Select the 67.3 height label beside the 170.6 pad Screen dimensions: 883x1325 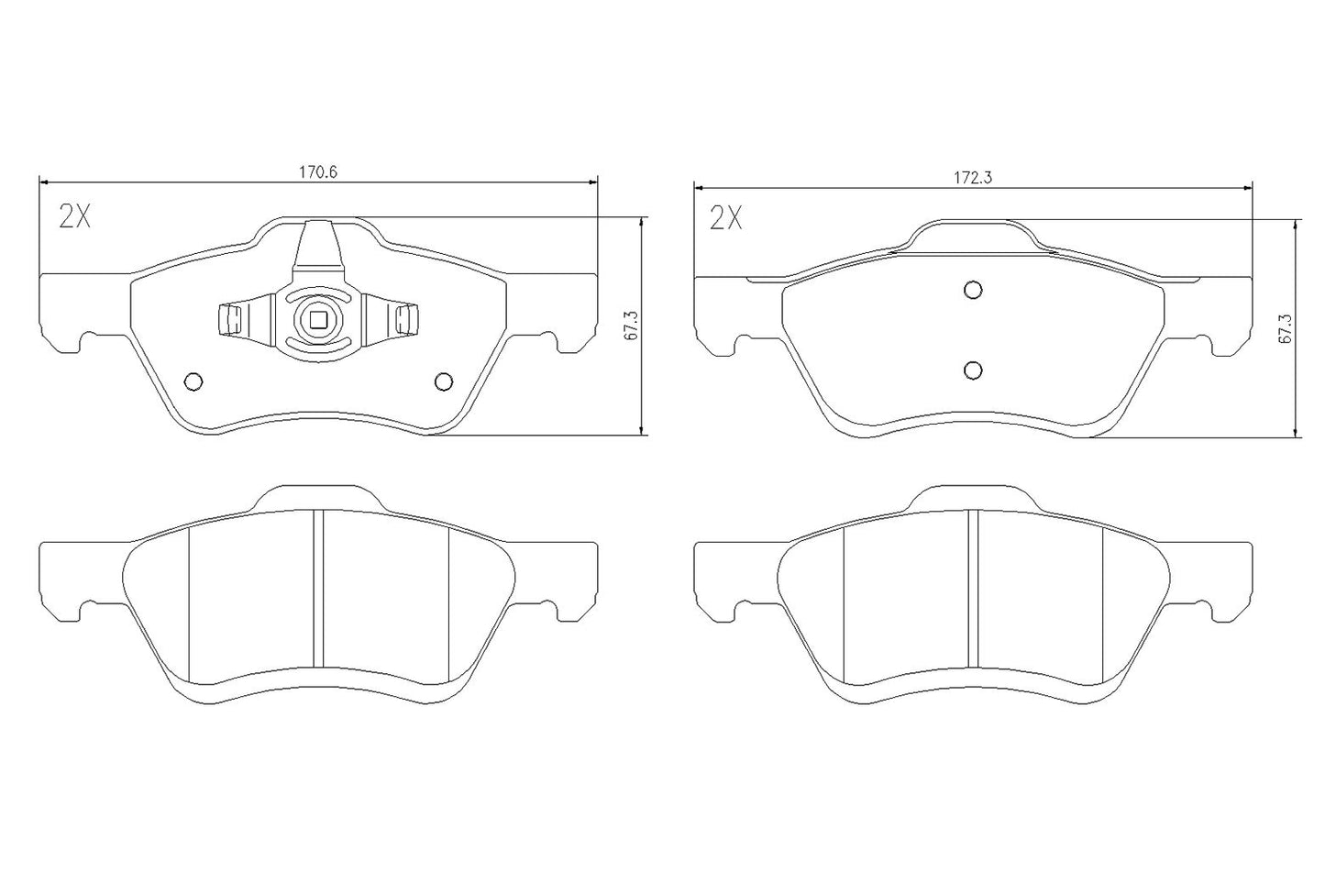pyautogui.click(x=631, y=326)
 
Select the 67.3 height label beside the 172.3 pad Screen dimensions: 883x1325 pyautogui.click(x=1285, y=328)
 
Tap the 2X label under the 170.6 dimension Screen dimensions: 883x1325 pyautogui.click(x=75, y=216)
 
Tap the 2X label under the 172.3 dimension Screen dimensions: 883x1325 pyautogui.click(x=727, y=218)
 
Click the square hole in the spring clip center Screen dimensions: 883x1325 pyautogui.click(x=318, y=319)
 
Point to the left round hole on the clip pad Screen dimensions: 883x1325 pyautogui.click(x=193, y=381)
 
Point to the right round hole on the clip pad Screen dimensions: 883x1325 pyautogui.click(x=444, y=381)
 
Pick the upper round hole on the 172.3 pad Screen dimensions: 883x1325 pyautogui.click(x=974, y=290)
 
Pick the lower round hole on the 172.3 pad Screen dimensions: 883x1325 pyautogui.click(x=974, y=369)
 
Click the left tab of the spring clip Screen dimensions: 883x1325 pyautogui.click(x=230, y=319)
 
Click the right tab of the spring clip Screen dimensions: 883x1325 pyautogui.click(x=405, y=319)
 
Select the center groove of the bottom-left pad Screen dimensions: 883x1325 pyautogui.click(x=318, y=587)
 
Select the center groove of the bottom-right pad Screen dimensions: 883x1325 pyautogui.click(x=974, y=587)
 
